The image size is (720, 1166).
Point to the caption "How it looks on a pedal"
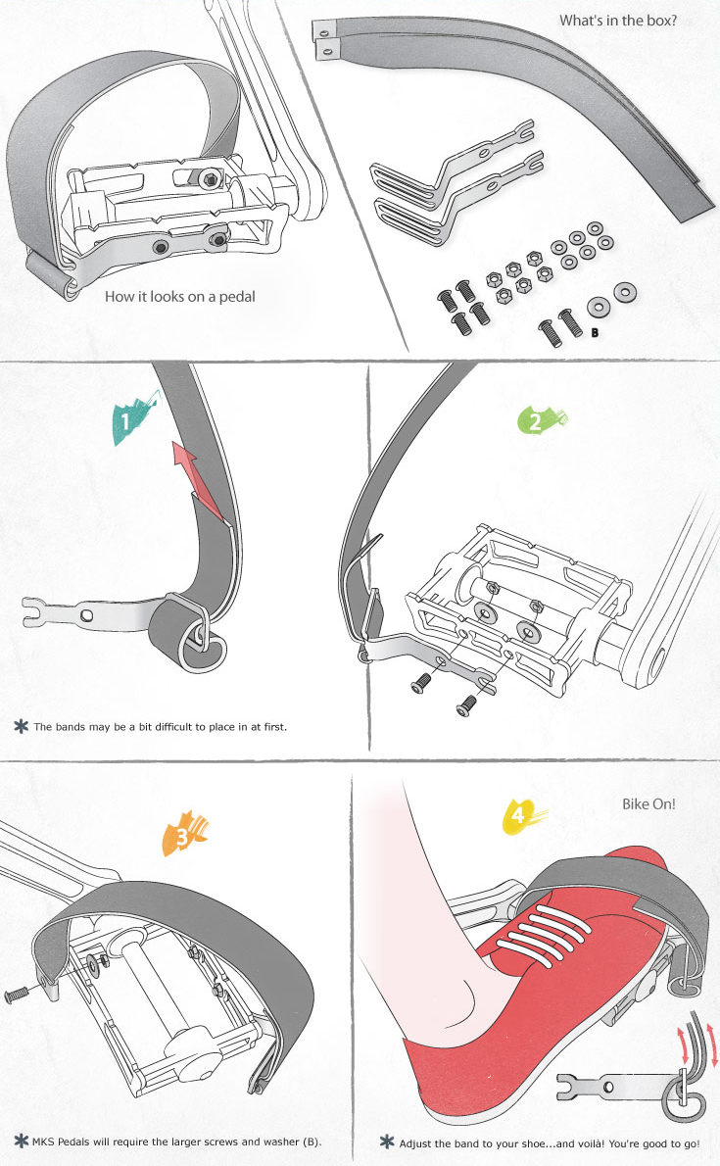179,296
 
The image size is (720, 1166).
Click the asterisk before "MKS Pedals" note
21,1141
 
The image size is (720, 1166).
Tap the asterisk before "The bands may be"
21,726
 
